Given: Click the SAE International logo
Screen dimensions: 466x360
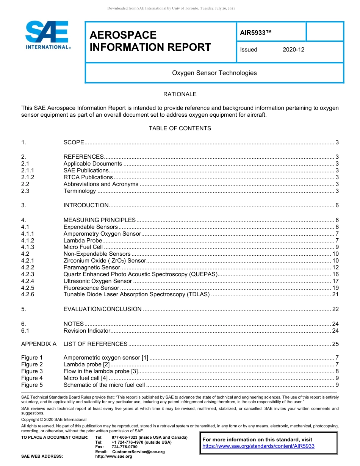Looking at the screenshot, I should pos(47,35).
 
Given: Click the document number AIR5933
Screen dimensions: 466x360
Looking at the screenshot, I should pos(256,33).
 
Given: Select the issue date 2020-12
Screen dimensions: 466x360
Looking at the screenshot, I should pos(293,50).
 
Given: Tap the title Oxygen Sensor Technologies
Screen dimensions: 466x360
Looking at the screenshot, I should pos(214,73).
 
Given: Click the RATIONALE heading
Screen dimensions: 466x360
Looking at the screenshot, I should pos(180,94).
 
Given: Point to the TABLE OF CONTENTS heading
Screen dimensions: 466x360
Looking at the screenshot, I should pos(180,128).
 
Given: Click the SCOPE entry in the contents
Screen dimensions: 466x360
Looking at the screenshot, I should pos(74,142).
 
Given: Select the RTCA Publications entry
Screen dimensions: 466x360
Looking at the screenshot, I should pos(88,177).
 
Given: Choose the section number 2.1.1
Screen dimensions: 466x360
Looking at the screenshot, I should pos(28,170).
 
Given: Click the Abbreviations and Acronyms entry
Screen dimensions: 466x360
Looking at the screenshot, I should pos(101,184).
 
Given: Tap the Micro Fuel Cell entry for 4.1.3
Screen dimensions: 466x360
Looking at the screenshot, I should pos(83,247).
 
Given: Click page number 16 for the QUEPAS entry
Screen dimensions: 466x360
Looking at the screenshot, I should pos(335,274).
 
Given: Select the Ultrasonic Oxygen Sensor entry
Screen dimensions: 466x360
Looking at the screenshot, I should pos(98,281).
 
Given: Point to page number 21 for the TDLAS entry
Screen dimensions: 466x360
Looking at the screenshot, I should pos(335,295).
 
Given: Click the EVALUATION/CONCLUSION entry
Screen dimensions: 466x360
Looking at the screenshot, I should pos(102,309).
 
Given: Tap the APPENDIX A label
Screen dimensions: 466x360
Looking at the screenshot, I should pos(39,344).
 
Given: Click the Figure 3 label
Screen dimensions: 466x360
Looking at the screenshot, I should pos(32,371).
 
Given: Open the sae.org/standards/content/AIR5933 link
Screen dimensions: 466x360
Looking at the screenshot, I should pos(258,446).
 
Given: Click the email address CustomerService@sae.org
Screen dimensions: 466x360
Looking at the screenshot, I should pos(138,452).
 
